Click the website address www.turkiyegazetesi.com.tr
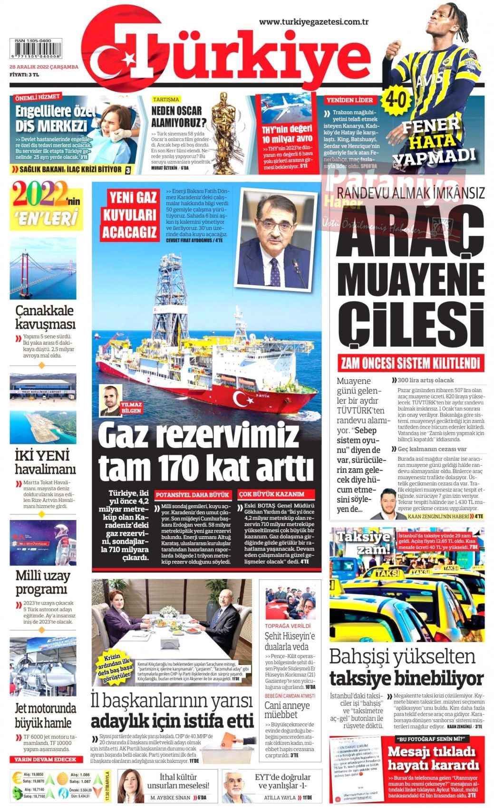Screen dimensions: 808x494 click(314, 21)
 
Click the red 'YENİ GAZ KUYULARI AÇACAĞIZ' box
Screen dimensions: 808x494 click(130, 214)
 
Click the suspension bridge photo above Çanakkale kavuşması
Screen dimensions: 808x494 click(43, 269)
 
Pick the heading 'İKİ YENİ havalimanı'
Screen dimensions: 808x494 click(45, 462)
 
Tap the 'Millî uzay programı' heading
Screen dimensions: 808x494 click(43, 582)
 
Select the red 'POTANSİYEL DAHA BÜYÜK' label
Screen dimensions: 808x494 click(193, 494)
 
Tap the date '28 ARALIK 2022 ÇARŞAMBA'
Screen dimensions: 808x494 click(44, 67)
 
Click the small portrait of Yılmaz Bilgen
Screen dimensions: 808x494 click(110, 400)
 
